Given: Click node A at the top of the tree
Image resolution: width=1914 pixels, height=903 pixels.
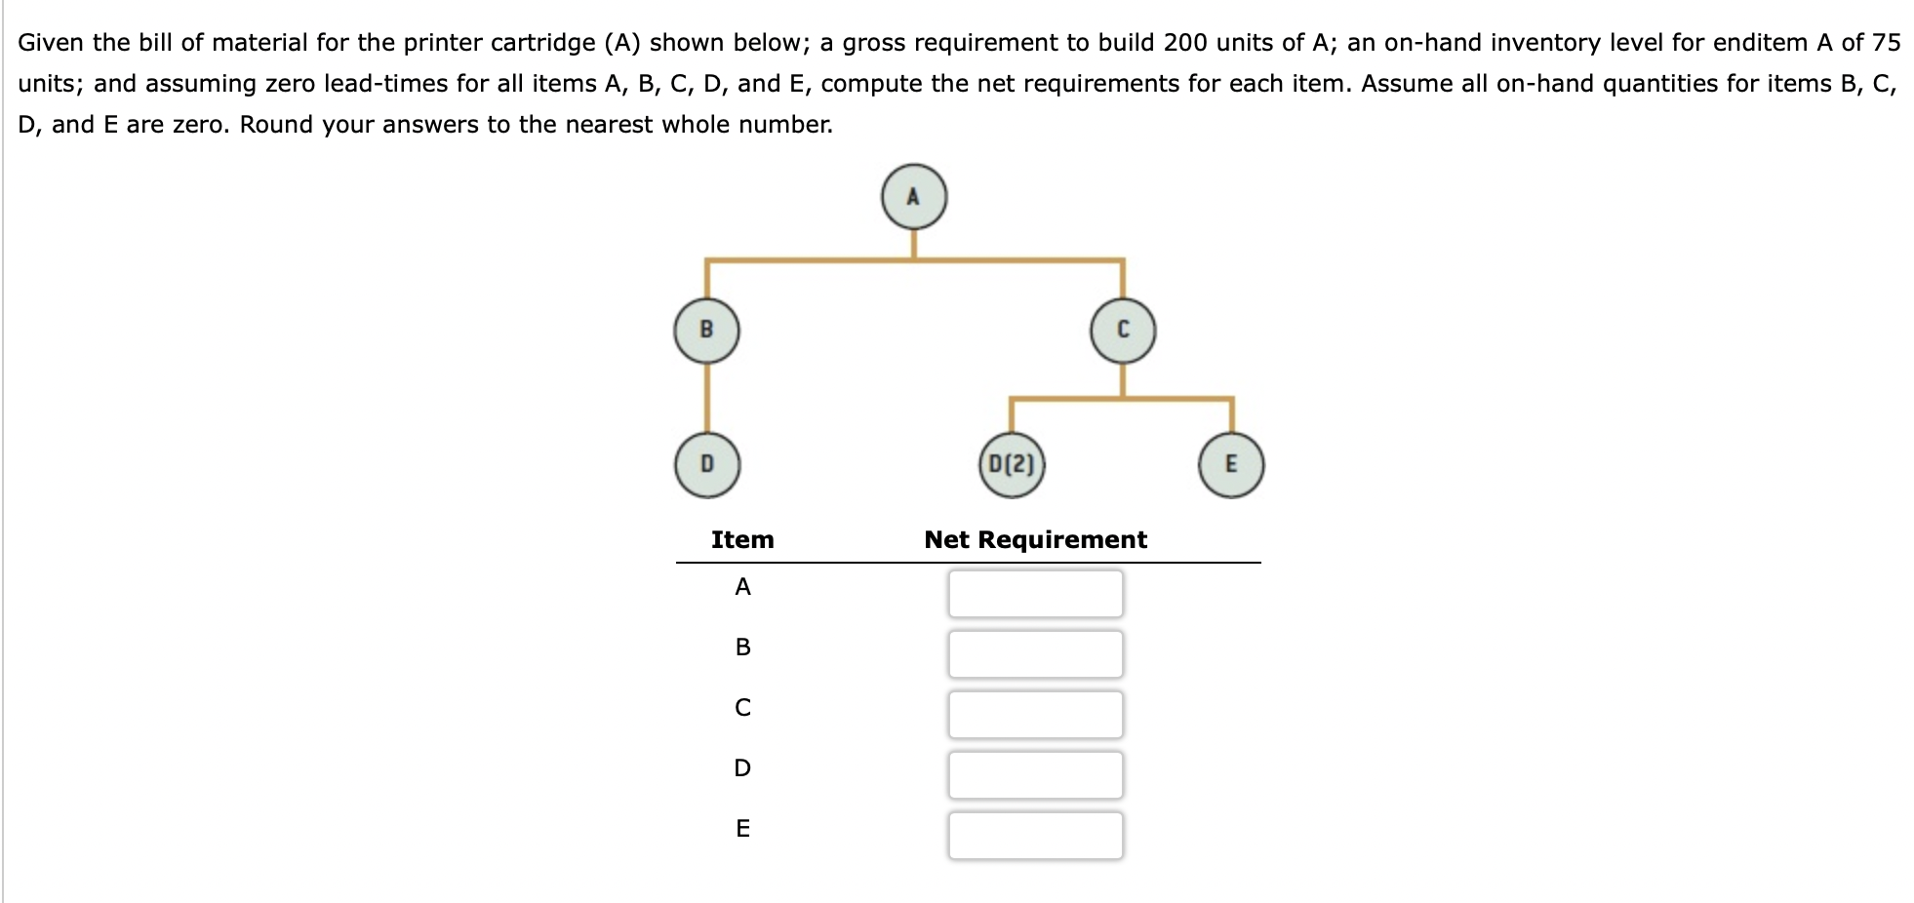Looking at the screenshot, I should [x=913, y=197].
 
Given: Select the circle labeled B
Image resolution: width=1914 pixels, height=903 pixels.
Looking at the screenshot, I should [x=706, y=331].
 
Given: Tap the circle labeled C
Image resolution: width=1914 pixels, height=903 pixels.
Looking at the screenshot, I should [x=1123, y=331].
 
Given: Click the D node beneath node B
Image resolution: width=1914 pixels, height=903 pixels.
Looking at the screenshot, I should [x=706, y=464].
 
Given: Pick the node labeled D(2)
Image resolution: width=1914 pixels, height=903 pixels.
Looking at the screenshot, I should [x=1011, y=464].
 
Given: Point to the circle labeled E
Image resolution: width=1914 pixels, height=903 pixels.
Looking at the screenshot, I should [x=1230, y=464].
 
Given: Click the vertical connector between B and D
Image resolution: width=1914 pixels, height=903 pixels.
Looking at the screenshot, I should [x=706, y=397].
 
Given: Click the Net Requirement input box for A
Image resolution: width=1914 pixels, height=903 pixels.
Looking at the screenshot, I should [x=1035, y=593].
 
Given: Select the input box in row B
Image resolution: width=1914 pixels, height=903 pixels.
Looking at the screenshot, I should [x=1035, y=653].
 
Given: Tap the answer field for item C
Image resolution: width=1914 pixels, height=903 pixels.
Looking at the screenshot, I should [x=1035, y=714].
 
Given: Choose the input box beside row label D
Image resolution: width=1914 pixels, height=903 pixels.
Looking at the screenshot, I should [x=1035, y=774].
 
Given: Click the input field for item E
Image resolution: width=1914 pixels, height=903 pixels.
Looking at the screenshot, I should [x=1035, y=835].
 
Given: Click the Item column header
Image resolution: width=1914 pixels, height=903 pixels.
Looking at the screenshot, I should [x=742, y=539].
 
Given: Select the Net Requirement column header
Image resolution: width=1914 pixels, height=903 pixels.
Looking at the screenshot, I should [x=1035, y=539].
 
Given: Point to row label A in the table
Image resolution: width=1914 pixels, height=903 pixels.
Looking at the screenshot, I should [x=742, y=587].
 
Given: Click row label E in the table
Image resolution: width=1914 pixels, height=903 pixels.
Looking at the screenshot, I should [x=742, y=829].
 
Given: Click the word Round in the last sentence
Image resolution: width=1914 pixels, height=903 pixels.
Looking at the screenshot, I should [x=275, y=125].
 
